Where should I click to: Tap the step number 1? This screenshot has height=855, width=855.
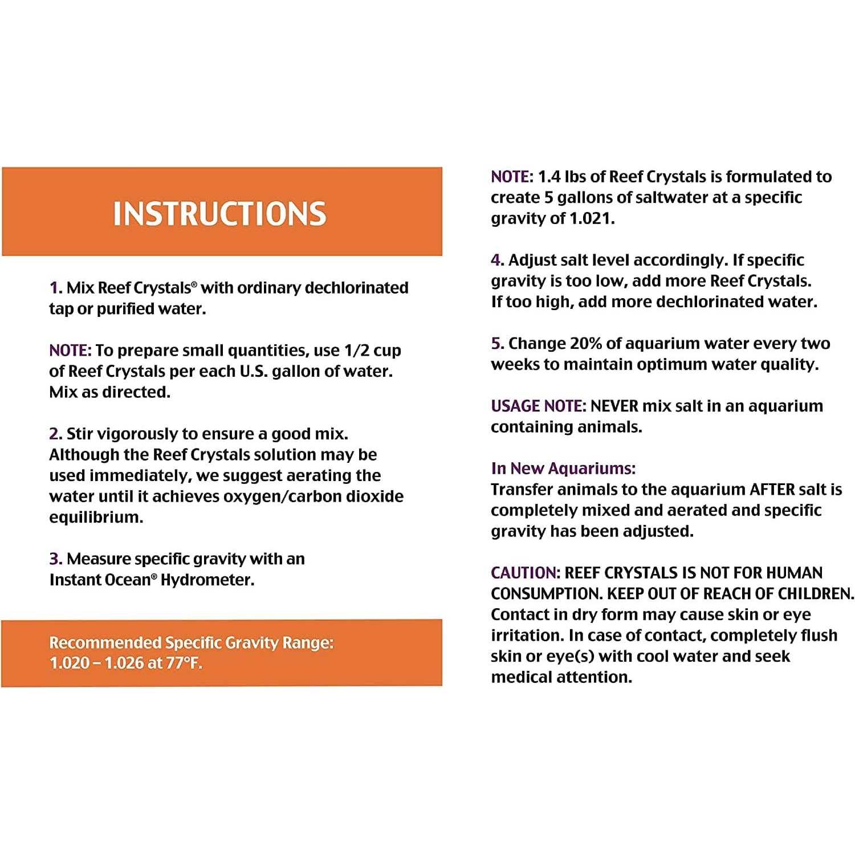55,288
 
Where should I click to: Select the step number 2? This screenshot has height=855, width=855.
55,434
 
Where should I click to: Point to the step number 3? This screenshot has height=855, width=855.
55,559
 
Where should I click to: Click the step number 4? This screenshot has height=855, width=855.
497,260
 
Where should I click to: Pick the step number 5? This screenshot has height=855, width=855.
497,344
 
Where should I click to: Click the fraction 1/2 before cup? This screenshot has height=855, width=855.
357,351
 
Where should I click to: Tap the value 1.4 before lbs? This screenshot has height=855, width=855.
549,177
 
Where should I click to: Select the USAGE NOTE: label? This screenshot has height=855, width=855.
538,406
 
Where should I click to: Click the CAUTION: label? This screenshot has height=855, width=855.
526,573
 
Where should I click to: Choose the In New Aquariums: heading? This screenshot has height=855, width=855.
563,469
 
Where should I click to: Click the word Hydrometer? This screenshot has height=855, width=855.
207,580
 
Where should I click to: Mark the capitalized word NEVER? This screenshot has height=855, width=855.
614,406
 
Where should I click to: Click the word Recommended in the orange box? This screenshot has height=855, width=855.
105,643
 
